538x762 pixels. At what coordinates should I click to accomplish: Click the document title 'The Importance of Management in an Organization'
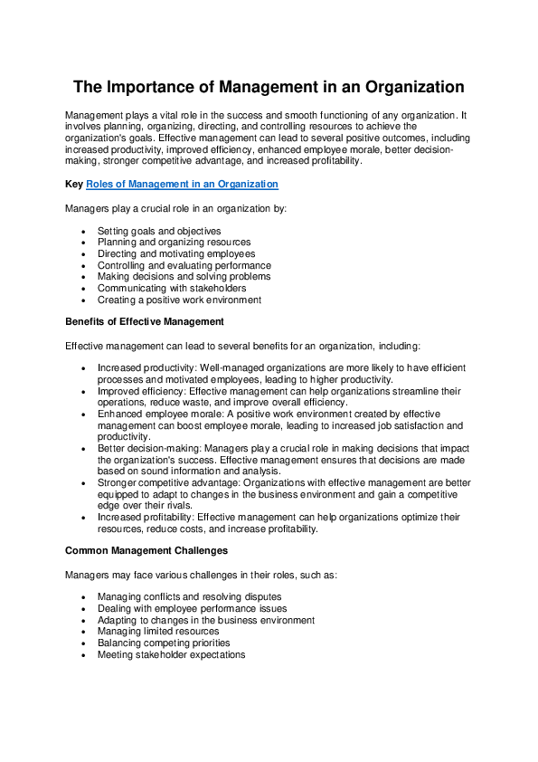tap(269, 88)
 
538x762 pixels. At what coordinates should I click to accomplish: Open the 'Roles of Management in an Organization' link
tap(182, 184)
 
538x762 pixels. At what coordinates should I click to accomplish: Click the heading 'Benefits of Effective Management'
tap(145, 321)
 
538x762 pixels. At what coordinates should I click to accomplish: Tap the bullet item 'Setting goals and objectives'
tap(159, 232)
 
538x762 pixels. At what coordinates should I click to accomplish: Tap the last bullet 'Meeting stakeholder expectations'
tap(171, 654)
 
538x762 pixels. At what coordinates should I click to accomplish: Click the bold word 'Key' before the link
tap(74, 184)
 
